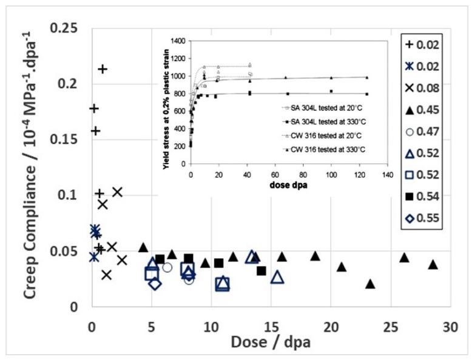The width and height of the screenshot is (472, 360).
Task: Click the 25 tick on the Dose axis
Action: coord(389,325)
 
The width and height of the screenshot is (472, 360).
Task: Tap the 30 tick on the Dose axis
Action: coord(450,325)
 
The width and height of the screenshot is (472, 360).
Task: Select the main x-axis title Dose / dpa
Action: coord(271,342)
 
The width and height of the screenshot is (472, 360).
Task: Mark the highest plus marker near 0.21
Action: coord(103,69)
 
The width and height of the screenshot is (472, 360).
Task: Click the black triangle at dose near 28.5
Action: coord(433,264)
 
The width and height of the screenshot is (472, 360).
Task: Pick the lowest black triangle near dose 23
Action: coord(370,284)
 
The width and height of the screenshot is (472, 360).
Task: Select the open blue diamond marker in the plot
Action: coord(155,283)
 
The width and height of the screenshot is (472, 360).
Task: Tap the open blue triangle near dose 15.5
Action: coord(277,277)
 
